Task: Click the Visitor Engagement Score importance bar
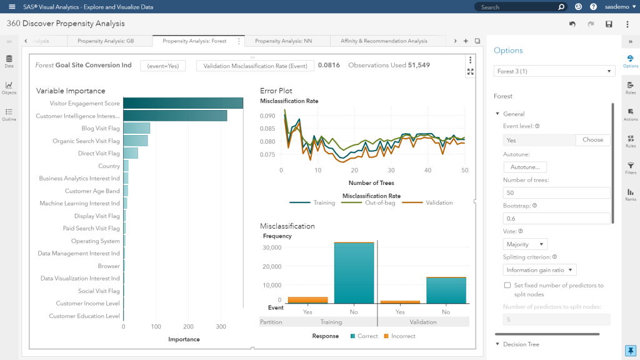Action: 182,103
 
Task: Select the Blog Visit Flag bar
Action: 136,128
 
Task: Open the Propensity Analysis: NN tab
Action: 283,41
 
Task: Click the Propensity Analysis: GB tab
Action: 106,41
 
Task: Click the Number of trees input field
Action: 556,192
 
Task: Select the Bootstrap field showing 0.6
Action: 556,218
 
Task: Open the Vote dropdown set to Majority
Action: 525,244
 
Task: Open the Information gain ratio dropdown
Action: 540,270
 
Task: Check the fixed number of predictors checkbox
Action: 507,286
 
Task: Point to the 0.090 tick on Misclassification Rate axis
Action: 267,116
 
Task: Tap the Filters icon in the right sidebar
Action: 631,167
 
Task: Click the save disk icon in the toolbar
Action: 609,24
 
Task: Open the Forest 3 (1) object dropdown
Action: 554,71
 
